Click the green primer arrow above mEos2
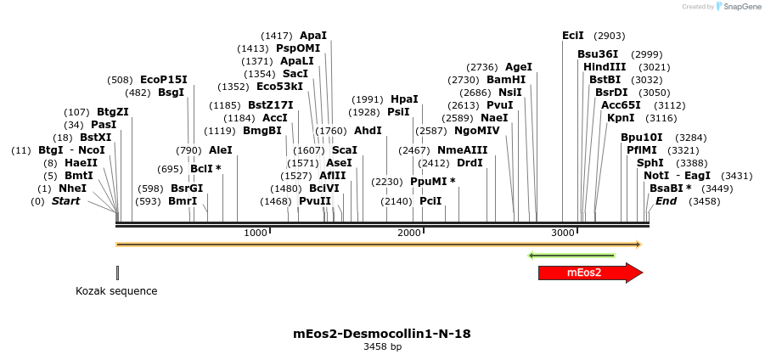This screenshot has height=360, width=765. tap(571, 255)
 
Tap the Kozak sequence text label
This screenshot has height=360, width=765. tap(116, 291)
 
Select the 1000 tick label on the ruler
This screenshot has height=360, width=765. tap(255, 233)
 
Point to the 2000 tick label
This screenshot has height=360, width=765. tap(409, 233)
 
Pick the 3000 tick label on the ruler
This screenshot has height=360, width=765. tap(563, 233)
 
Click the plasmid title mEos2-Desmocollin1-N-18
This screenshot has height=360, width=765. tap(382, 334)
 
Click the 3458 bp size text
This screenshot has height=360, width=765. tap(382, 347)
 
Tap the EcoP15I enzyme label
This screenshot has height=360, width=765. tap(164, 80)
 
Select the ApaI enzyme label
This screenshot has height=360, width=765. tap(313, 36)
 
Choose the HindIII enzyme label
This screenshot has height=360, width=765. tap(605, 67)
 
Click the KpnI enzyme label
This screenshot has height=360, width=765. tap(621, 118)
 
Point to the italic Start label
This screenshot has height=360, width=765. tap(65, 201)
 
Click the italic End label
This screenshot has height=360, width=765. tap(667, 201)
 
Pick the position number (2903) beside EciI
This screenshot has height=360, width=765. tap(610, 36)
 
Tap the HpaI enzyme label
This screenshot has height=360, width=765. tap(404, 99)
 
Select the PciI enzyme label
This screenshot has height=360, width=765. tap(430, 201)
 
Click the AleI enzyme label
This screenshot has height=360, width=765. tap(221, 150)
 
